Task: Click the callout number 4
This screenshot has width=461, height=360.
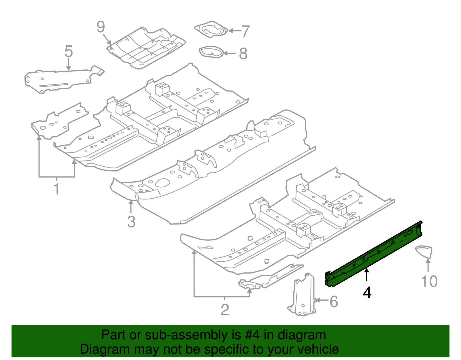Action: tap(367, 293)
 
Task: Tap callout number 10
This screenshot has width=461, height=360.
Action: tap(429, 281)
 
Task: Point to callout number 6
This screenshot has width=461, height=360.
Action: tap(333, 302)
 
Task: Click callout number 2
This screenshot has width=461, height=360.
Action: tap(225, 310)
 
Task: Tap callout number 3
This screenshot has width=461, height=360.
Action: tap(131, 222)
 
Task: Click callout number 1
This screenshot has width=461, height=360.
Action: tap(57, 189)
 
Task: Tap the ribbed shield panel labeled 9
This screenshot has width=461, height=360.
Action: tap(147, 48)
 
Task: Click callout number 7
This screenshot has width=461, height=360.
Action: tap(245, 31)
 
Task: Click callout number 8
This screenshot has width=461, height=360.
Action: tap(243, 54)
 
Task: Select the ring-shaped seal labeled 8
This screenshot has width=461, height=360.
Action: tap(211, 52)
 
